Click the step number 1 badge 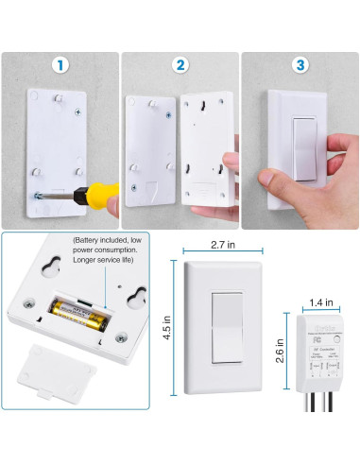(60, 65)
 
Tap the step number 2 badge (180, 65)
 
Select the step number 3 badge (300, 65)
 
